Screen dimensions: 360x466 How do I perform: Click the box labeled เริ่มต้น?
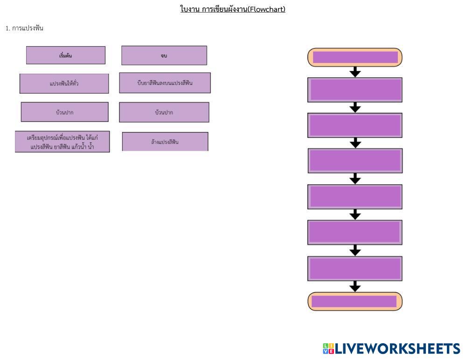tap(66, 55)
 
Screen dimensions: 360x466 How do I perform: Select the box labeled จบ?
tap(164, 55)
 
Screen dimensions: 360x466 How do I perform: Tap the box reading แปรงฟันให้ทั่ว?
tap(64, 83)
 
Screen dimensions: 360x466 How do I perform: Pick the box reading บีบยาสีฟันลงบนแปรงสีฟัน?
tap(165, 83)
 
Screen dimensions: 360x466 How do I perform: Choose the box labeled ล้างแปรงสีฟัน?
tap(165, 142)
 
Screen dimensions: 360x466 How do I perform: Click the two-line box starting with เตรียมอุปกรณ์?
tap(63, 142)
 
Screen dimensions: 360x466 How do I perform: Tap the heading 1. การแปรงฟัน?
tap(24, 28)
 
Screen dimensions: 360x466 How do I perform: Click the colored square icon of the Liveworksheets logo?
tap(328, 349)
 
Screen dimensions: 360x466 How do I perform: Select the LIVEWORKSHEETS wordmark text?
tap(397, 349)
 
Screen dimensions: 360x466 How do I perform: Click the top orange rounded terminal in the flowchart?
tap(355, 57)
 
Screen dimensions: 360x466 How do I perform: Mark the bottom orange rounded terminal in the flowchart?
tap(355, 301)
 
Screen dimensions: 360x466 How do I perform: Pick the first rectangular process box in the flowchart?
tap(355, 90)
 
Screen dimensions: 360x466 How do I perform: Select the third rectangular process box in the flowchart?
tap(355, 160)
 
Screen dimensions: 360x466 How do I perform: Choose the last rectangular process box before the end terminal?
tap(355, 269)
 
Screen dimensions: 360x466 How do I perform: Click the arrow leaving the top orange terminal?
tap(355, 72)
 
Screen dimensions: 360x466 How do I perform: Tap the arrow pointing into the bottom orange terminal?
tap(355, 286)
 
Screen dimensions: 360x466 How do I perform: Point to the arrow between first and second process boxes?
tap(355, 107)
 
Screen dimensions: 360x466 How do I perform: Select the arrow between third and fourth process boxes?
tap(355, 179)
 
